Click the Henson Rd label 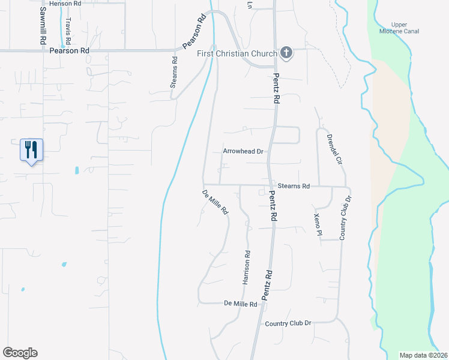(x=65, y=4)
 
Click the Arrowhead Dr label (x=244, y=152)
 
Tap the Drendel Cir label (x=334, y=150)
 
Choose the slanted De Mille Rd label (x=215, y=202)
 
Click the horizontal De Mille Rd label (x=240, y=304)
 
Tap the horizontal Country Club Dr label (x=288, y=323)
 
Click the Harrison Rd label (x=246, y=266)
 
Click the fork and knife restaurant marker (x=32, y=150)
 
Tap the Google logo (x=20, y=353)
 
